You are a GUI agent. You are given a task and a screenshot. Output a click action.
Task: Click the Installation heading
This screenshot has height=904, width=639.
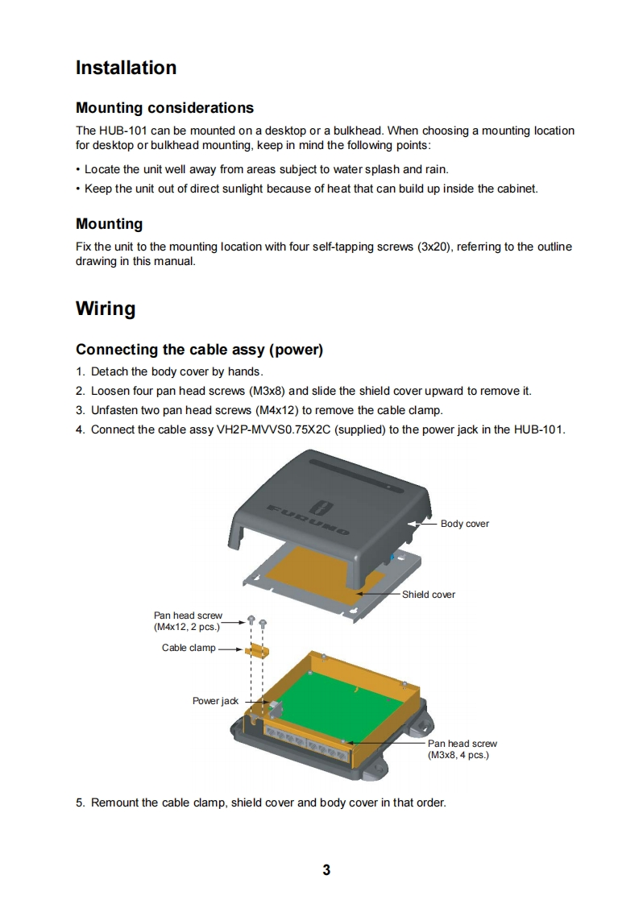click(126, 68)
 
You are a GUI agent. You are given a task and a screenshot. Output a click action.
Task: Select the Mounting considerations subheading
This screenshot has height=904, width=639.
click(164, 108)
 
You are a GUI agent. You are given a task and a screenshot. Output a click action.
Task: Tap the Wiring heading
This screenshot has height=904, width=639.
click(106, 309)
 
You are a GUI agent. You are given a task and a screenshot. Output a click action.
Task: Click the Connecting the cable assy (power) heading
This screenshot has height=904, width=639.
click(199, 350)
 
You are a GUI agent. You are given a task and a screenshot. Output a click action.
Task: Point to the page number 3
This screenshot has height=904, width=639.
click(326, 869)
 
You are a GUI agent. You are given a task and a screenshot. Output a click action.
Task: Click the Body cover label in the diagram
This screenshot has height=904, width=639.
click(464, 524)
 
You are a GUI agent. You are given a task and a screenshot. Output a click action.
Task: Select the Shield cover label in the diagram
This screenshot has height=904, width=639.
click(428, 595)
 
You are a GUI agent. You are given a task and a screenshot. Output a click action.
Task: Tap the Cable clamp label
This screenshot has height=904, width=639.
click(189, 648)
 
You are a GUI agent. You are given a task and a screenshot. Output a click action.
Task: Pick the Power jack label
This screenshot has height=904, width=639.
click(215, 701)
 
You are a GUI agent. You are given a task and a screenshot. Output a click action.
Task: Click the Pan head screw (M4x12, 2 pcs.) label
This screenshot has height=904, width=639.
click(188, 621)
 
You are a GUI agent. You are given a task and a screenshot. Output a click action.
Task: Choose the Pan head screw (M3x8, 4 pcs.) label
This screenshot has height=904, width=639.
click(462, 749)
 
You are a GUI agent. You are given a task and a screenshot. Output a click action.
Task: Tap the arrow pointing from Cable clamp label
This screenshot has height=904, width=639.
click(230, 649)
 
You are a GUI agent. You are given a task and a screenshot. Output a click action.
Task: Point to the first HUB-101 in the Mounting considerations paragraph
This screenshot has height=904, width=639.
click(122, 131)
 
